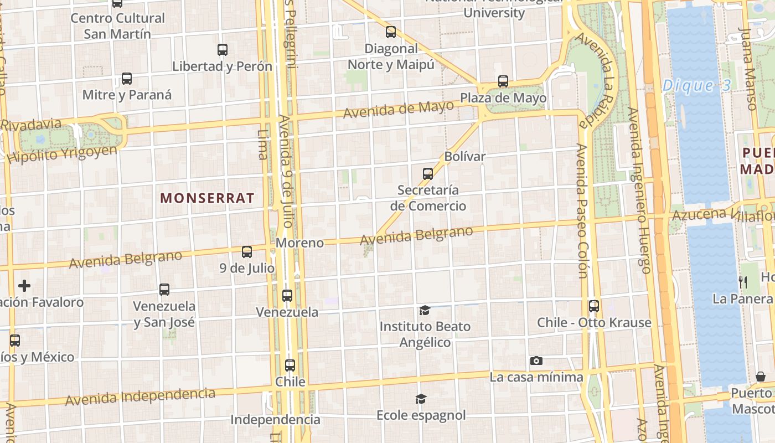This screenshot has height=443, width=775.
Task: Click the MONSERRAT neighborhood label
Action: pyautogui.click(x=207, y=198)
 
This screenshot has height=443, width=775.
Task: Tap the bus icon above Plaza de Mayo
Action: pyautogui.click(x=503, y=81)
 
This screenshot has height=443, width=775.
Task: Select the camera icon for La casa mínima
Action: pyautogui.click(x=536, y=361)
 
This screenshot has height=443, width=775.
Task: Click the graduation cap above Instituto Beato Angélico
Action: pyautogui.click(x=425, y=310)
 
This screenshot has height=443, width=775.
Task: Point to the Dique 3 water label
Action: pyautogui.click(x=696, y=85)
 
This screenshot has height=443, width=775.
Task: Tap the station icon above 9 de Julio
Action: pyautogui.click(x=247, y=252)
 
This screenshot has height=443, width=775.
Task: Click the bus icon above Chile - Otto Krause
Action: pyautogui.click(x=594, y=306)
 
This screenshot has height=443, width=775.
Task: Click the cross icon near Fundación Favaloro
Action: pyautogui.click(x=24, y=286)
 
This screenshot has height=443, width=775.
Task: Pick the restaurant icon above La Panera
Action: pyautogui.click(x=743, y=282)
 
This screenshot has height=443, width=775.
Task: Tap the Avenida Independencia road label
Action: pyautogui.click(x=140, y=396)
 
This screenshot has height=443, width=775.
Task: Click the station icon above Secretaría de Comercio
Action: pyautogui.click(x=428, y=174)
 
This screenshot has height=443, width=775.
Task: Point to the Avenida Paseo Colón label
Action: pyautogui.click(x=581, y=210)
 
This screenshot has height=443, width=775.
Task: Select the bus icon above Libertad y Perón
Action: pyautogui.click(x=223, y=50)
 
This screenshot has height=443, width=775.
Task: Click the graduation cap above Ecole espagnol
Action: pyautogui.click(x=421, y=399)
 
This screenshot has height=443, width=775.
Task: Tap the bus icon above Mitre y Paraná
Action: pyautogui.click(x=127, y=79)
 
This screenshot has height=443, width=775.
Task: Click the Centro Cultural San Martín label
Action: pyautogui.click(x=117, y=25)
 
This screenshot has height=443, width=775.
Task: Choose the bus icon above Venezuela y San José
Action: pyautogui.click(x=164, y=289)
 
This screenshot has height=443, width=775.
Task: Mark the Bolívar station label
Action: pyautogui.click(x=464, y=156)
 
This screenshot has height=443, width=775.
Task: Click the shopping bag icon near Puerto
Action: pyautogui.click(x=761, y=377)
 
